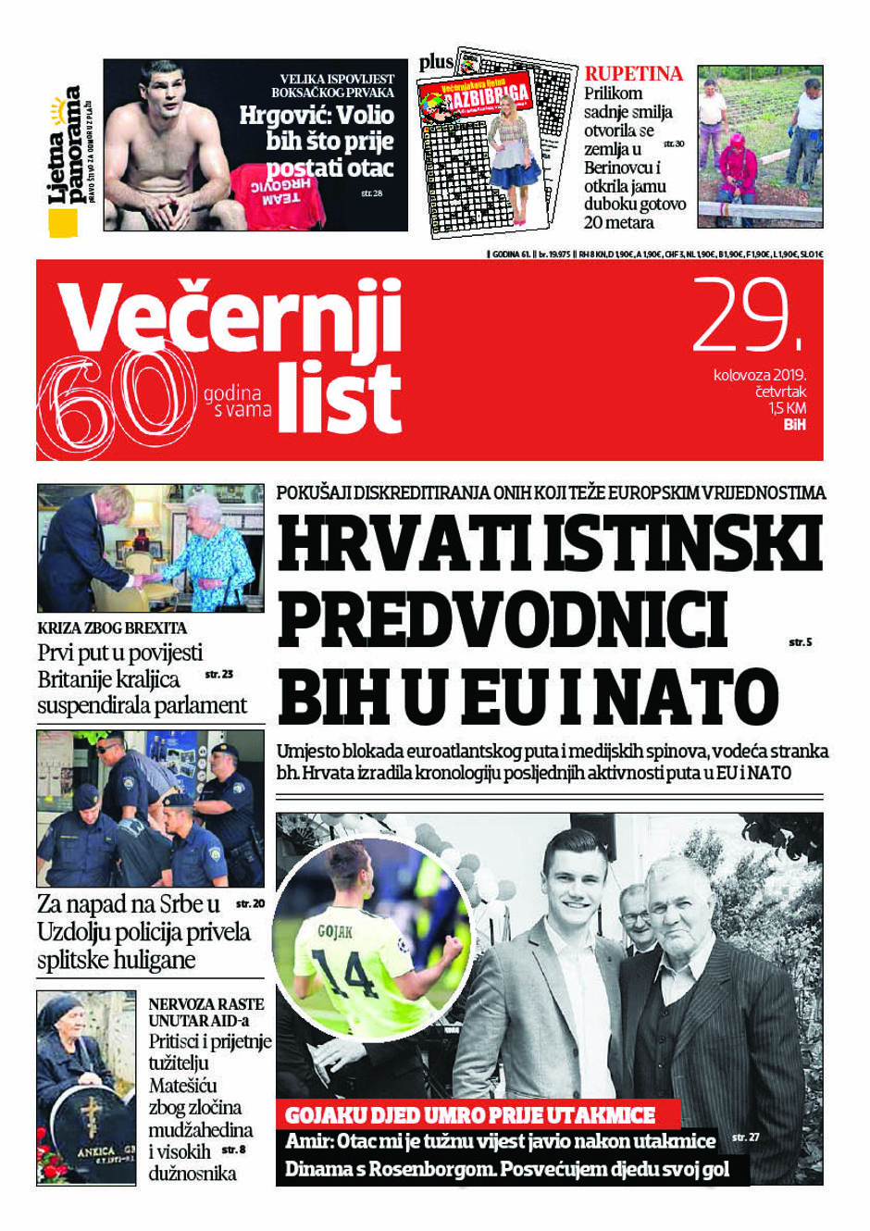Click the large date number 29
748,317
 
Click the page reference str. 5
800,641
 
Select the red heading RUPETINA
633,74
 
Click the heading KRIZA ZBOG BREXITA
112,628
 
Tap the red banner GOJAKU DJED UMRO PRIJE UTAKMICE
470,1115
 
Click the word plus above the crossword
436,62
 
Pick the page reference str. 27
745,1137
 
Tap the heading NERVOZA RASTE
205,1004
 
